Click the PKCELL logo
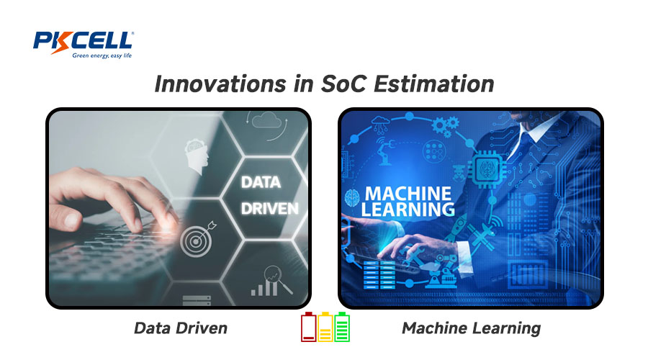pyautogui.click(x=83, y=44)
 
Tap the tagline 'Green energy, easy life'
pyautogui.click(x=102, y=55)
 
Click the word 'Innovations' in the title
pyautogui.click(x=220, y=84)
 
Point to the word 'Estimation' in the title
pyautogui.click(x=434, y=84)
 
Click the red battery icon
pyautogui.click(x=308, y=327)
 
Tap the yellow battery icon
pyautogui.click(x=325, y=327)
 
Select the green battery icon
pyautogui.click(x=342, y=327)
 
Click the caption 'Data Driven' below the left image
pyautogui.click(x=181, y=328)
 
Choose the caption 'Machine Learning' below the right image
pyautogui.click(x=472, y=328)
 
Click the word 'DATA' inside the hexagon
pyautogui.click(x=261, y=182)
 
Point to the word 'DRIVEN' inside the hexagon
pyautogui.click(x=269, y=209)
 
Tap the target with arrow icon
pyautogui.click(x=198, y=239)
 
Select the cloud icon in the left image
pyautogui.click(x=266, y=121)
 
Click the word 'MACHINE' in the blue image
pyautogui.click(x=408, y=194)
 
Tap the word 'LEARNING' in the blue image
pyautogui.click(x=408, y=209)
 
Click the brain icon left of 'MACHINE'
pyautogui.click(x=353, y=198)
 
